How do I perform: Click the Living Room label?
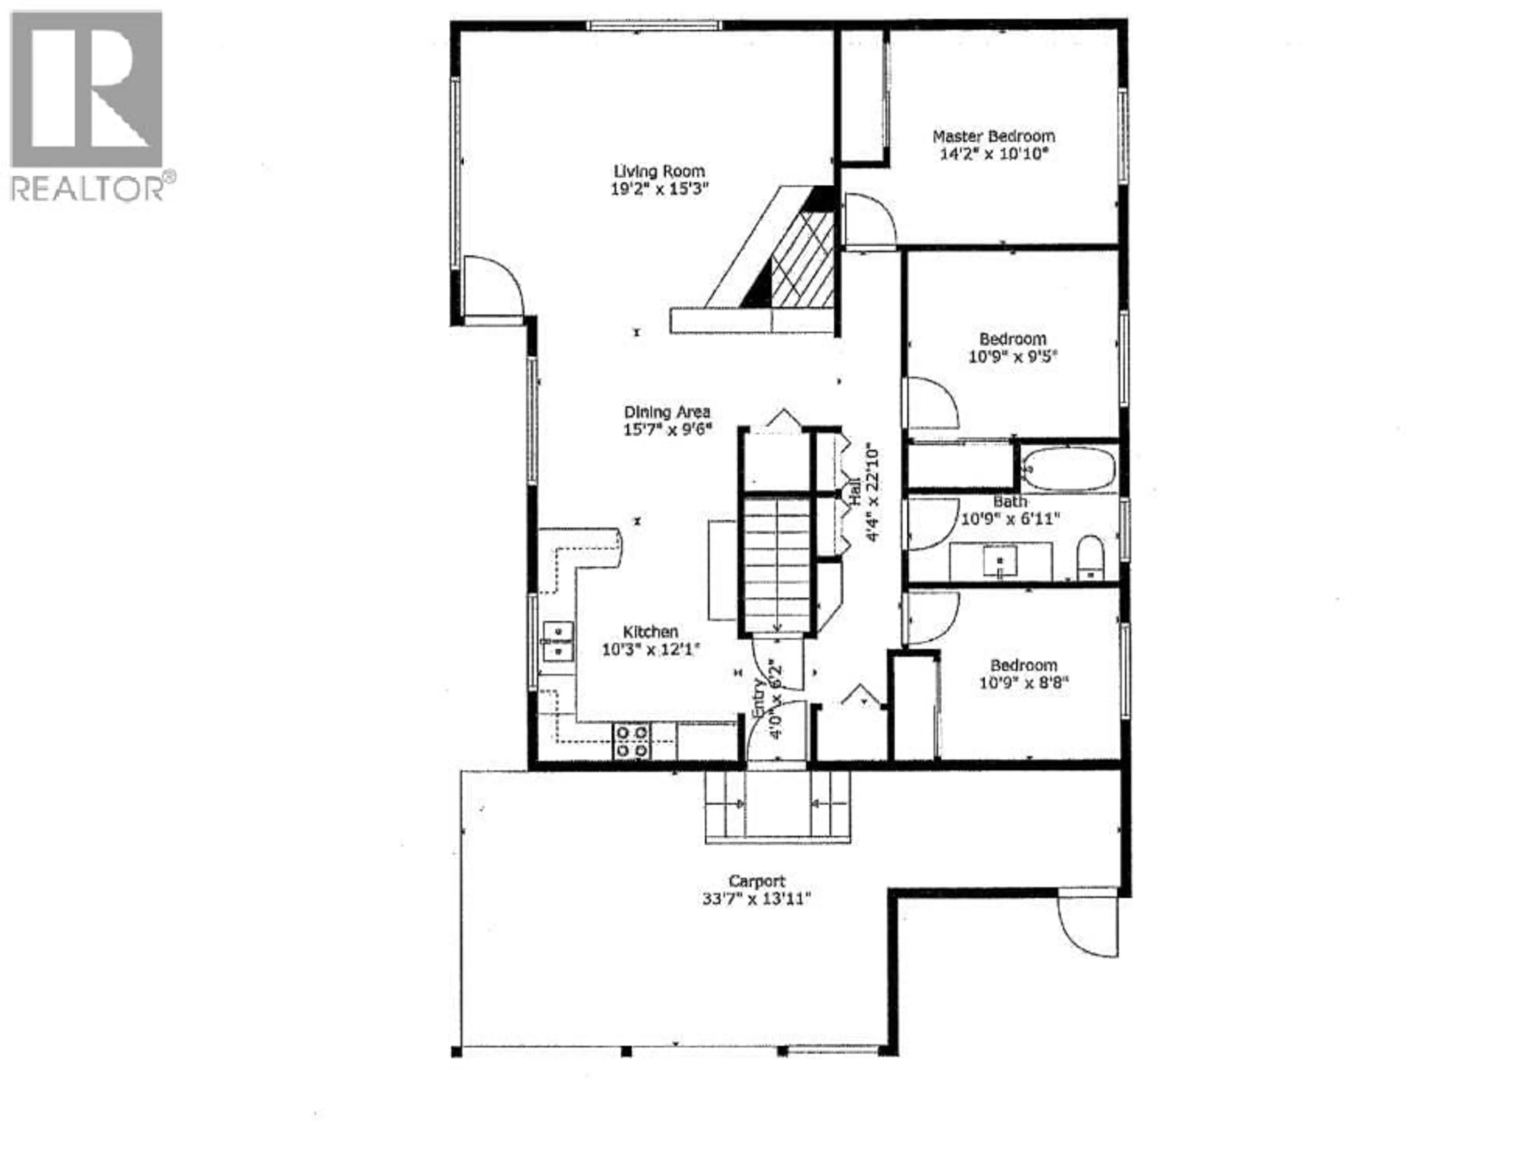point(659,171)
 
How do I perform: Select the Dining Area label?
point(666,412)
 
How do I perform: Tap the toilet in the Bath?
point(1090,557)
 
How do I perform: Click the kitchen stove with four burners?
point(631,741)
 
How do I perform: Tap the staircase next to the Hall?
point(777,564)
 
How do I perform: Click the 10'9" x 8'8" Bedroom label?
point(1023,665)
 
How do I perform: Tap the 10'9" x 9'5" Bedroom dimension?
point(1012,357)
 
